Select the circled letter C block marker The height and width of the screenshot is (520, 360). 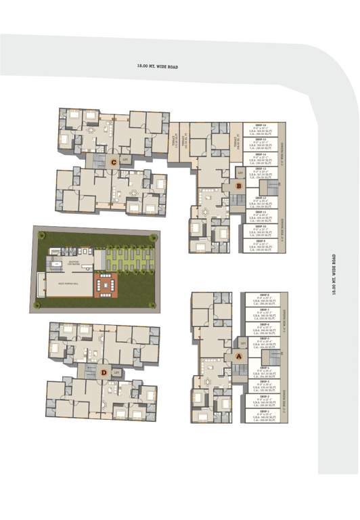114,162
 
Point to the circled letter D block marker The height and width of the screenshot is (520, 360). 104,372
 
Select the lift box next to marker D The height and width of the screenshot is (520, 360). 116,372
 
